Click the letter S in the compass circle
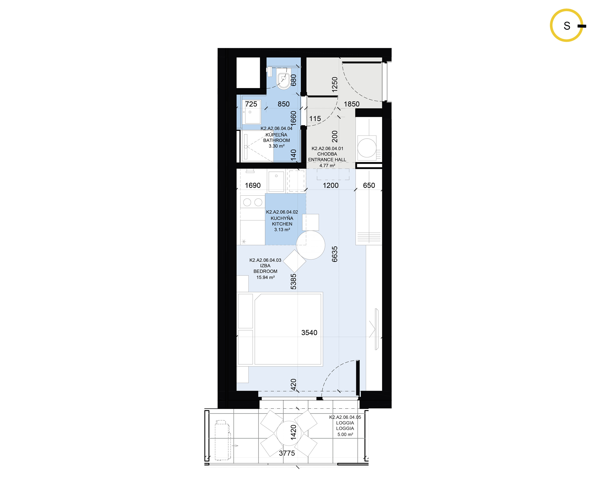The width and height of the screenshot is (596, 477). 567,26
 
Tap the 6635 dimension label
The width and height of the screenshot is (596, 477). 335,254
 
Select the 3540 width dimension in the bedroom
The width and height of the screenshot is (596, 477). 309,333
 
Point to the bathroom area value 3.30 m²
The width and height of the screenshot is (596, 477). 276,146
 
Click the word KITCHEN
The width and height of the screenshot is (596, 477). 282,224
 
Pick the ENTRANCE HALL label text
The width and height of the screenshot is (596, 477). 327,160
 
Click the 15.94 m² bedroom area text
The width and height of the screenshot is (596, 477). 265,277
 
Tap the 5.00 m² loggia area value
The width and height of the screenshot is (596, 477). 345,434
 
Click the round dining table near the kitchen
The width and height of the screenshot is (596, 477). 310,245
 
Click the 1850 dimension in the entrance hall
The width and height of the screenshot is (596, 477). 352,104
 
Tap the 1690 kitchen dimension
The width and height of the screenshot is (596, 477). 253,185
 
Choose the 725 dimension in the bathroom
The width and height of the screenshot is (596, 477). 251,104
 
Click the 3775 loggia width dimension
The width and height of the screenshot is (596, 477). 287,453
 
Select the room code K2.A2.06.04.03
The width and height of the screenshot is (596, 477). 265,260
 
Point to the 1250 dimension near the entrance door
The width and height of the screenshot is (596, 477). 335,84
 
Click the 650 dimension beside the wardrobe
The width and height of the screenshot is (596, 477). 369,185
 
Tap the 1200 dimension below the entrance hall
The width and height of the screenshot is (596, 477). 331,185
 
